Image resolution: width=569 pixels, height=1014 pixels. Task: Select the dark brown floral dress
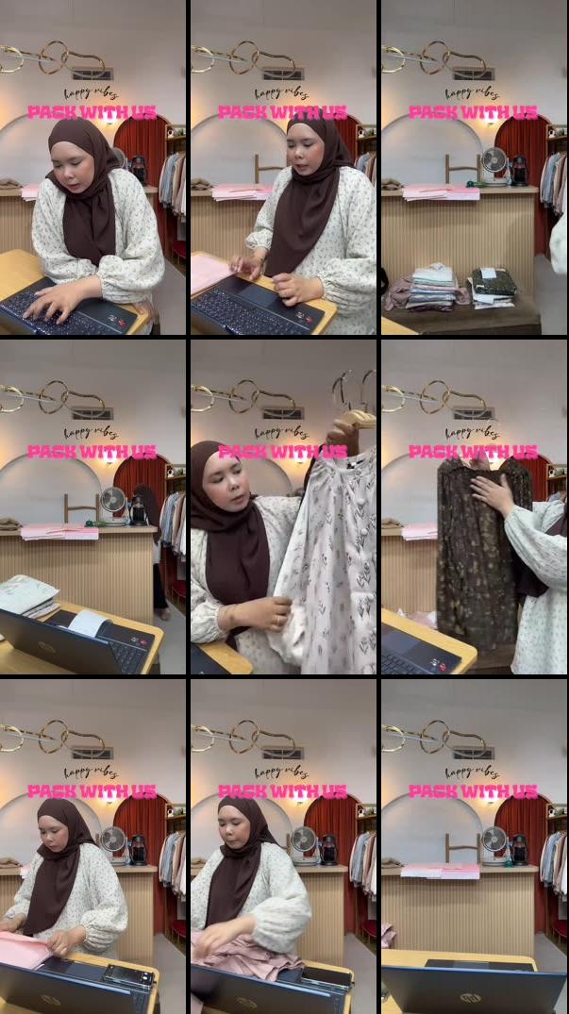click(480, 557)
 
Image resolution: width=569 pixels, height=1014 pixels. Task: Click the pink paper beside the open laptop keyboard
click(209, 273)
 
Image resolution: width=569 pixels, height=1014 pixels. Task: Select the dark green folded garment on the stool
click(494, 282)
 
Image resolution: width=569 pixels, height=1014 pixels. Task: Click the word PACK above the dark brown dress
click(432, 452)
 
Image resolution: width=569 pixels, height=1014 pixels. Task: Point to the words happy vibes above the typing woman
click(91, 93)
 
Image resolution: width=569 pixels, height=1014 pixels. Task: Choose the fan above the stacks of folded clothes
click(494, 162)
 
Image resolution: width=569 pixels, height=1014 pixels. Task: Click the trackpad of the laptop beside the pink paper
click(254, 294)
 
